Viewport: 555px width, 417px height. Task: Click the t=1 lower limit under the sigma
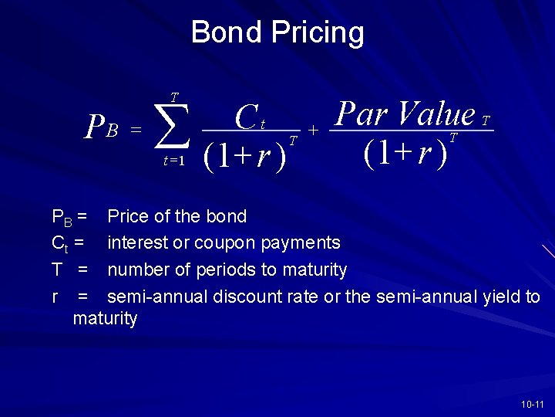click(x=173, y=160)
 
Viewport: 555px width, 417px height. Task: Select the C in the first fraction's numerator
click(x=246, y=118)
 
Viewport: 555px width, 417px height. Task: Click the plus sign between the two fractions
click(x=313, y=131)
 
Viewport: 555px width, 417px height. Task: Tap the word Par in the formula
click(x=361, y=114)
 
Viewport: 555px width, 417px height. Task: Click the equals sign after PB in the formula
click(x=135, y=131)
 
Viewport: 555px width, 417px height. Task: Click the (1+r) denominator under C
click(x=244, y=157)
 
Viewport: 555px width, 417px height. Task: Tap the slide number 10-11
click(x=533, y=404)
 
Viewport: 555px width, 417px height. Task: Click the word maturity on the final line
click(x=105, y=318)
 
